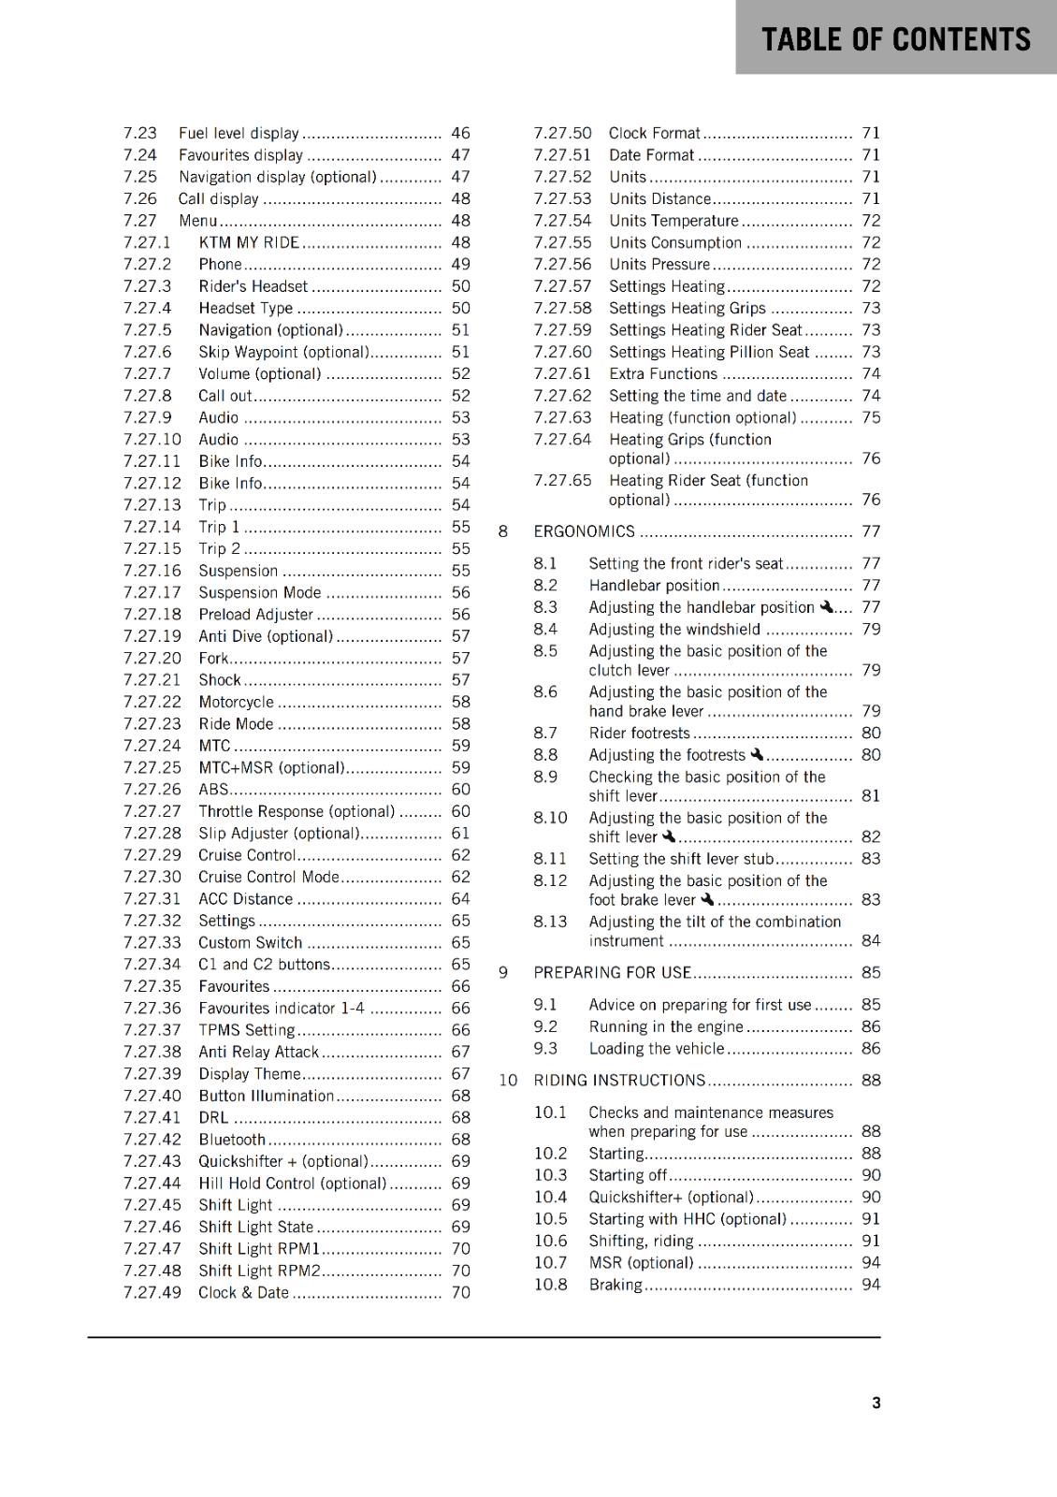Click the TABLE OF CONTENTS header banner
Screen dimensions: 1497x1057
[895, 39]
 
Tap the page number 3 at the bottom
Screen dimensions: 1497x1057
[876, 1403]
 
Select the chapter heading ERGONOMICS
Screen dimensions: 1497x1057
[584, 531]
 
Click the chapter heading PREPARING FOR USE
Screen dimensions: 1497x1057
[612, 973]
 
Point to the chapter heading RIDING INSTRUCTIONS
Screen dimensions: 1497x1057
[619, 1081]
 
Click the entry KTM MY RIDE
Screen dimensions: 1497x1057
[249, 243]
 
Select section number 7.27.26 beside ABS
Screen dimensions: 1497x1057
[152, 790]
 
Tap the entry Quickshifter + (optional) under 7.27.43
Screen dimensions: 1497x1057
[282, 1161]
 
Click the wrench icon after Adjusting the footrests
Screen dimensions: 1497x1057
[757, 754]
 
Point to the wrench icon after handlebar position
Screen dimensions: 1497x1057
[826, 607]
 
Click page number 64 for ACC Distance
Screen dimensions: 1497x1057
[460, 899]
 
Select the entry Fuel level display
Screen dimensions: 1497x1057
[239, 134]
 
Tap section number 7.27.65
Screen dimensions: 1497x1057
[562, 480]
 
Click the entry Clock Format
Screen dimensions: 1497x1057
[654, 134]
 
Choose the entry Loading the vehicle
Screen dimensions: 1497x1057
[656, 1049]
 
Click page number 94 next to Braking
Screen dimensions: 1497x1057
[871, 1285]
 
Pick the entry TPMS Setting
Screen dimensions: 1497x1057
[246, 1030]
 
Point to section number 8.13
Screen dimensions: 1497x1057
[550, 922]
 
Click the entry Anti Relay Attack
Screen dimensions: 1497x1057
[258, 1053]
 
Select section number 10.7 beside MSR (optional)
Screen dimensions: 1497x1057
[550, 1263]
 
